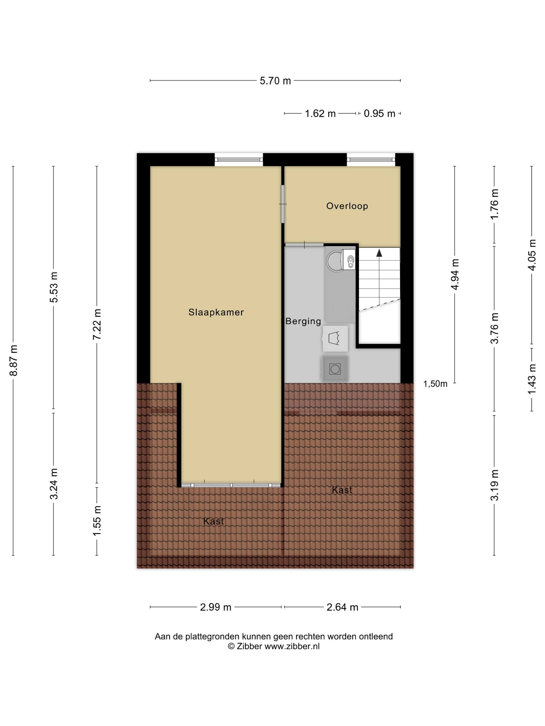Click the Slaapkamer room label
click(216, 312)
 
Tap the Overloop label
click(347, 206)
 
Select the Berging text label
click(303, 321)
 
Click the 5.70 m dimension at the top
click(275, 81)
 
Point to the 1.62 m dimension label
click(320, 114)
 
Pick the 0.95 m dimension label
click(379, 114)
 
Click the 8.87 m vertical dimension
click(13, 360)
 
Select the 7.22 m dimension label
click(97, 324)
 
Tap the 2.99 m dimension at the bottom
click(215, 607)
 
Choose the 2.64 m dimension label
click(342, 607)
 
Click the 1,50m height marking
click(435, 384)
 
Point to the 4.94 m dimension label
click(455, 274)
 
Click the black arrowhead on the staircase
click(379, 253)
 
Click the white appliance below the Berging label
click(335, 338)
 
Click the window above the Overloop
click(371, 160)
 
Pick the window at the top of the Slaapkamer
click(239, 160)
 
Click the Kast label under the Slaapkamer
click(214, 521)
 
